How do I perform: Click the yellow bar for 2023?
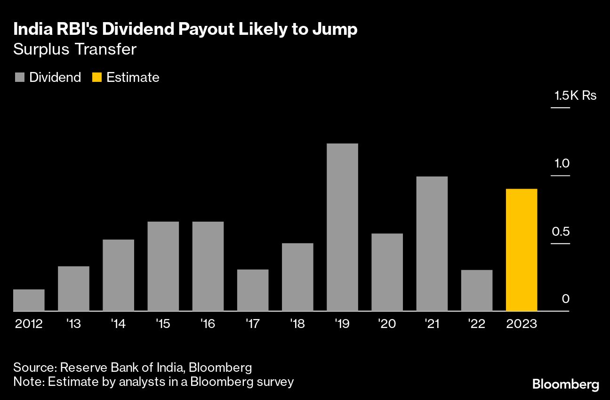click(x=522, y=250)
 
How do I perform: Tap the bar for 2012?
click(x=29, y=300)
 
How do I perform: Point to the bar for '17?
click(x=253, y=290)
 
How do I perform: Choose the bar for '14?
click(x=118, y=275)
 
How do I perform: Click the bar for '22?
click(x=477, y=290)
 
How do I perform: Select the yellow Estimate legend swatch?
click(x=97, y=78)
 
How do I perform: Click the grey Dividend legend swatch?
click(x=19, y=78)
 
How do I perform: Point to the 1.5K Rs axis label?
click(x=575, y=96)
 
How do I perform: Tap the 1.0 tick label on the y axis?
click(x=562, y=164)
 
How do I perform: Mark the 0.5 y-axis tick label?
click(x=562, y=232)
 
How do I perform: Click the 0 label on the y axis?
click(x=566, y=299)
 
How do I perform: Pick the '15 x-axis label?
click(x=163, y=324)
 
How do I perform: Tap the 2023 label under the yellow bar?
click(x=522, y=324)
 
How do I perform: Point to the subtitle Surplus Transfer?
click(x=75, y=49)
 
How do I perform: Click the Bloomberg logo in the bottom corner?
click(x=566, y=384)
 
